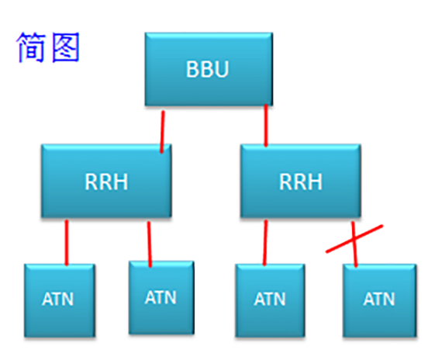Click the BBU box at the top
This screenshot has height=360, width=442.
point(209,69)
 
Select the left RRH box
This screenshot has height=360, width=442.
point(106,181)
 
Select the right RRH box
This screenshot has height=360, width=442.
point(301,181)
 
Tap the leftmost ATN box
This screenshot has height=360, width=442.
point(60,300)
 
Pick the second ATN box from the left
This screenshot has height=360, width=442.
point(161,298)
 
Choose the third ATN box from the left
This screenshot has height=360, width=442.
point(270,300)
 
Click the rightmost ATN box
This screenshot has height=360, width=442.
point(379,300)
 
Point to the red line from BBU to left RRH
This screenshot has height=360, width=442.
point(162,132)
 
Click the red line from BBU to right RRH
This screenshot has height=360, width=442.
point(265,126)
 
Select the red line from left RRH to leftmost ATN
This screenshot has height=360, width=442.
point(67,243)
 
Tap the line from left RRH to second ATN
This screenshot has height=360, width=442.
point(150,244)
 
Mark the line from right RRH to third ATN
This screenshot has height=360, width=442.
point(265,243)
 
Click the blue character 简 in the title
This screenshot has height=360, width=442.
point(31,47)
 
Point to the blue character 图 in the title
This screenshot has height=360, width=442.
point(66,47)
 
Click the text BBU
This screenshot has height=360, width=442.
point(207,69)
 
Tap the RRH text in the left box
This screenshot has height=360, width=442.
point(106,182)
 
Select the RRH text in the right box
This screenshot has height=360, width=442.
point(301,182)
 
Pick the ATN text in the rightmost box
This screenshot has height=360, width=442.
point(379,299)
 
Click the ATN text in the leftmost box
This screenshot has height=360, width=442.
point(58,299)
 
